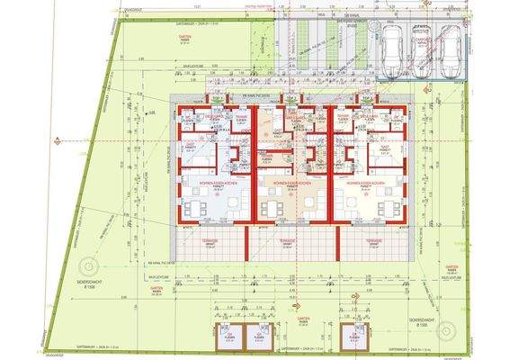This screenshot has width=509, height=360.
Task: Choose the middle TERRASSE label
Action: (x=286, y=242)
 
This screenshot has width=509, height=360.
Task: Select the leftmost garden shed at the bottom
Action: (x=228, y=337)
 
